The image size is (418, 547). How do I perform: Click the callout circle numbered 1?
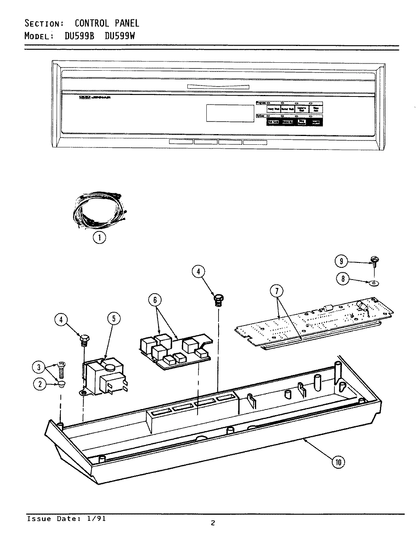tap(100, 238)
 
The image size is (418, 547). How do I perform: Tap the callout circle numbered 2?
tap(40, 384)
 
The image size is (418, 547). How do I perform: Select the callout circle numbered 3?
tap(38, 367)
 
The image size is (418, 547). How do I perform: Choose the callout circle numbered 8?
tap(342, 279)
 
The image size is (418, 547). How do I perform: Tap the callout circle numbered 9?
tap(341, 261)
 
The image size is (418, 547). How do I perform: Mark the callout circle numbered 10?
tap(339, 462)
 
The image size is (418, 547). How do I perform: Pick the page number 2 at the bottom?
tap(213, 523)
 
